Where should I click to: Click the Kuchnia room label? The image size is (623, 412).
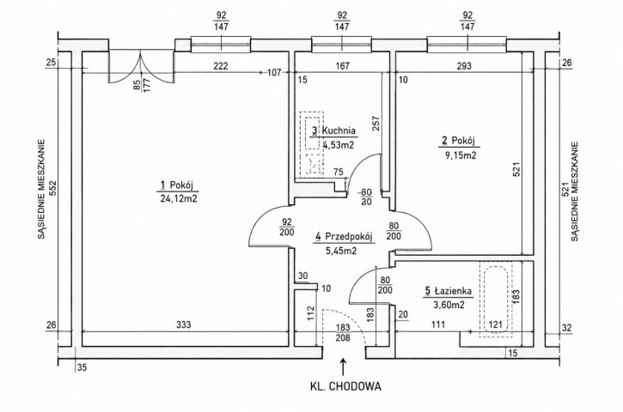(339, 130)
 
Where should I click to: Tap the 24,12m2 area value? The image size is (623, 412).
(179, 199)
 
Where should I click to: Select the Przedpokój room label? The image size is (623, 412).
(349, 237)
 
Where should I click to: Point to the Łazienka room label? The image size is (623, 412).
(453, 291)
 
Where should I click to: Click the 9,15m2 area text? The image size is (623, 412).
(461, 155)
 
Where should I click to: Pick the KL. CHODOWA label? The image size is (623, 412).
(345, 386)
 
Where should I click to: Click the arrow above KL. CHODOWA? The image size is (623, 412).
(343, 367)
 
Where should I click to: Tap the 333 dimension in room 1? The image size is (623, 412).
(184, 324)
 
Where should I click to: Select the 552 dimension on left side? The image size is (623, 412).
(53, 188)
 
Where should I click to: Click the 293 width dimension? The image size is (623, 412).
(464, 66)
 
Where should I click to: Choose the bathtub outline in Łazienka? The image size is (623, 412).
(495, 300)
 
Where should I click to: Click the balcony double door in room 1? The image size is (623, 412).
(141, 67)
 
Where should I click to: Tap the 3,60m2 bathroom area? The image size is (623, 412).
(449, 305)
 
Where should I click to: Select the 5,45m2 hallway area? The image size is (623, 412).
(341, 251)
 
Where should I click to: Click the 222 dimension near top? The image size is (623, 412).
(221, 66)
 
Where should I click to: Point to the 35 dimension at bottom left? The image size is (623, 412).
(82, 367)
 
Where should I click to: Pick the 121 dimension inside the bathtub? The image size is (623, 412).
(495, 324)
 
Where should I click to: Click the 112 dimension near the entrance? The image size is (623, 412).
(311, 312)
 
